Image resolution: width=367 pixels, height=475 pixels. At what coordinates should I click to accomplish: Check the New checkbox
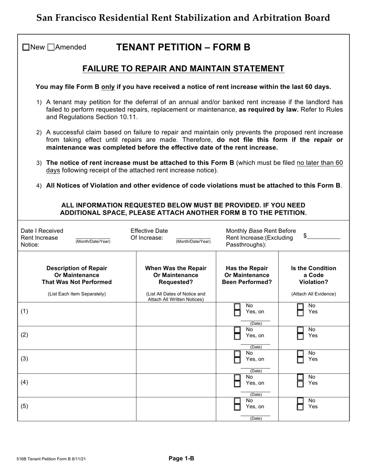pyautogui.click(x=26, y=47)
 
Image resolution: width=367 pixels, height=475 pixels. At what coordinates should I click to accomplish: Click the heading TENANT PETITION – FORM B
pyautogui.click(x=183, y=47)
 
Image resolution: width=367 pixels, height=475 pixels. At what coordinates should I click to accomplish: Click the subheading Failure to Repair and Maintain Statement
pyautogui.click(x=183, y=69)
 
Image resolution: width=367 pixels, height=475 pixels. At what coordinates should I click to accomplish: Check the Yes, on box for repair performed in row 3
pyautogui.click(x=238, y=360)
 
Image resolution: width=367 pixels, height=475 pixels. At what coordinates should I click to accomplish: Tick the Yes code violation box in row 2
pyautogui.click(x=300, y=336)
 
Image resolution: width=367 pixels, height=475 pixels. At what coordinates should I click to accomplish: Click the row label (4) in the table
pyautogui.click(x=24, y=382)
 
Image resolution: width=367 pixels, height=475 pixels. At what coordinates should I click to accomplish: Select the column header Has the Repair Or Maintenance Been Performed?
pyautogui.click(x=247, y=275)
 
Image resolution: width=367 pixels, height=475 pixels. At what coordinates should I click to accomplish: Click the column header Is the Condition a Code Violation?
pyautogui.click(x=313, y=275)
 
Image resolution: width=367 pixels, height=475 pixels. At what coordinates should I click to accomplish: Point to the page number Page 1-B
pyautogui.click(x=181, y=458)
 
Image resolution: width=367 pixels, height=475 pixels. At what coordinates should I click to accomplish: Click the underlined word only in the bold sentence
pyautogui.click(x=108, y=87)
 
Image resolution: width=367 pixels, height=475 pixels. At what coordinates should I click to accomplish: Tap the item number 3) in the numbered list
pyautogui.click(x=39, y=163)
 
